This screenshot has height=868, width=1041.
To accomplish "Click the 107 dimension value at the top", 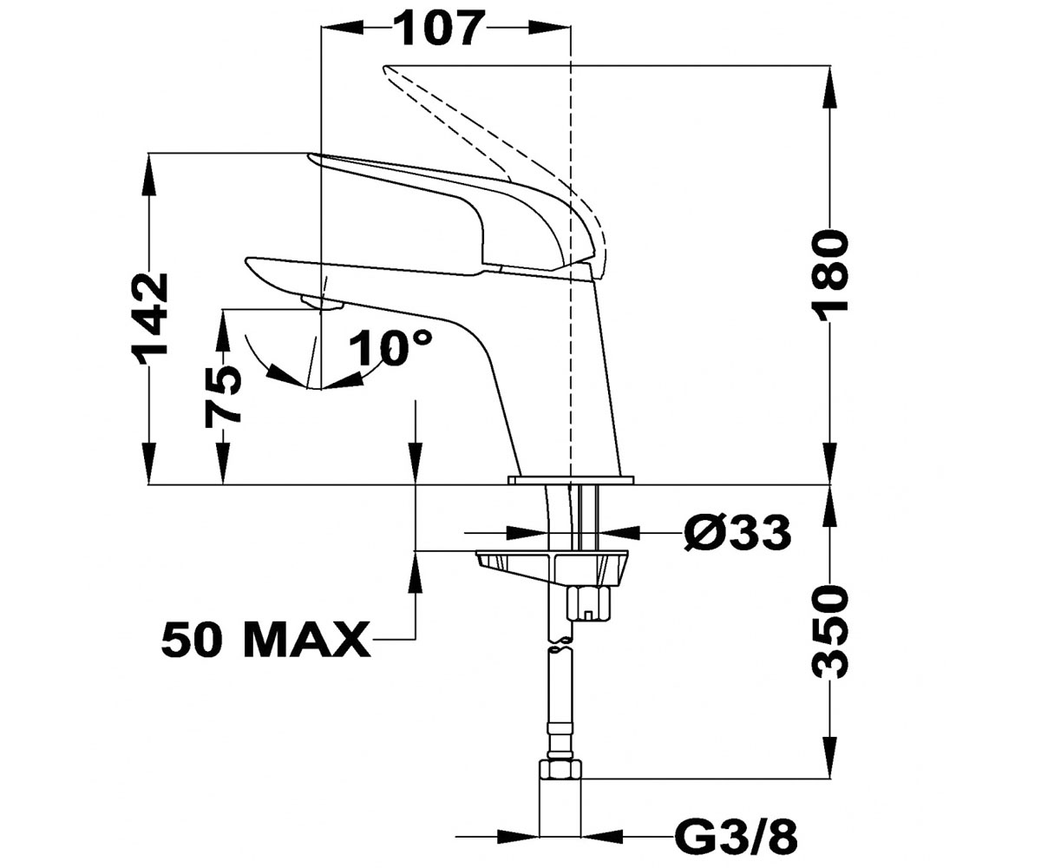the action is tap(439, 29).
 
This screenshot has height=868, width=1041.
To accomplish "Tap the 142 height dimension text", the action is tap(149, 313).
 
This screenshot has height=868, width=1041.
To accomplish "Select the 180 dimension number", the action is tap(830, 271).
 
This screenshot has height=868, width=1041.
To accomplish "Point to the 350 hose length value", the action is tap(830, 632).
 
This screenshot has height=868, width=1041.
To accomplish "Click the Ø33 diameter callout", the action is tap(737, 532).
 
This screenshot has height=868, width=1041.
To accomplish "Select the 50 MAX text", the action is tap(265, 640).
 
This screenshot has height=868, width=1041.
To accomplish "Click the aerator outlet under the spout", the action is tap(322, 303).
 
